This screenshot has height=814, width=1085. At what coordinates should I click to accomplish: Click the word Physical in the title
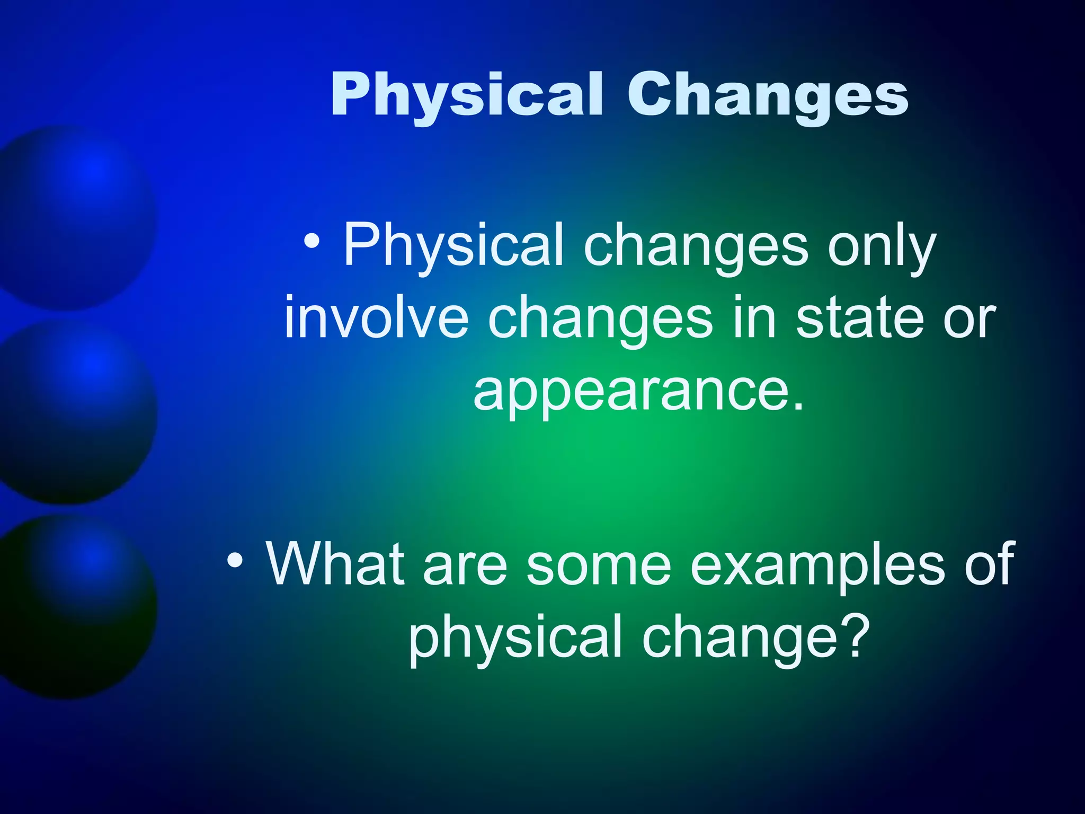[x=466, y=95]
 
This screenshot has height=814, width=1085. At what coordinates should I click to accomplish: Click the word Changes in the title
[x=768, y=95]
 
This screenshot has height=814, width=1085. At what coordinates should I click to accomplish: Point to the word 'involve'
[x=376, y=318]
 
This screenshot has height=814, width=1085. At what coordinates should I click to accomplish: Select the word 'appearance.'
[x=638, y=392]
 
